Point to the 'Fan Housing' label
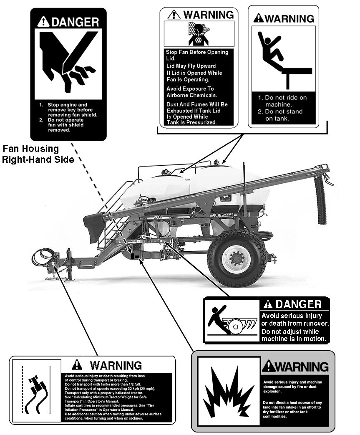click(x=31, y=149)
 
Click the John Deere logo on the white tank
click(x=225, y=199)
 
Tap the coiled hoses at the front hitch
click(x=43, y=257)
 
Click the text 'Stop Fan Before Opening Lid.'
click(x=197, y=55)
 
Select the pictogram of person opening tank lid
click(x=199, y=33)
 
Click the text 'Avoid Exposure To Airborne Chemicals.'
click(x=191, y=92)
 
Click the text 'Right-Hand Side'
click(x=38, y=159)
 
